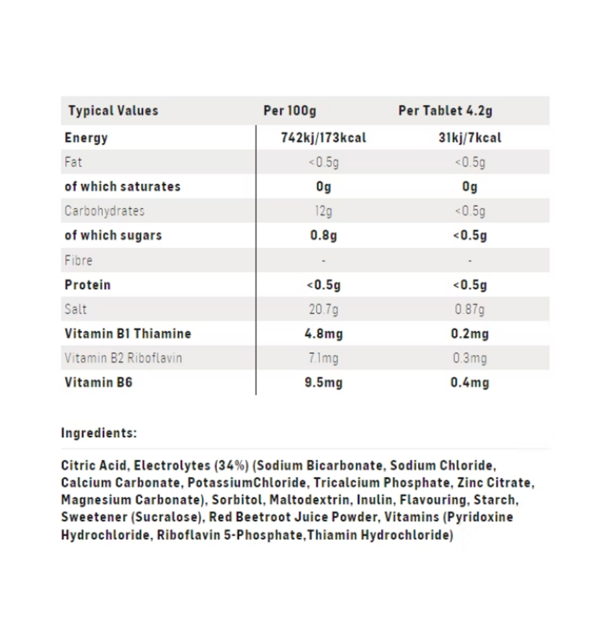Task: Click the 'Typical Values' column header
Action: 113,111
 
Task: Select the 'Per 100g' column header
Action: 290,111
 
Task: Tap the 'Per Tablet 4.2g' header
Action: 445,111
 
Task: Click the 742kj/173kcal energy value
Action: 323,138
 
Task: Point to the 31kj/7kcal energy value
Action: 470,138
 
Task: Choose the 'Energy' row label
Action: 86,138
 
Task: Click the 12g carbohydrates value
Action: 323,211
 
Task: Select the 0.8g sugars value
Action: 323,235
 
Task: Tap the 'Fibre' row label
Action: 78,260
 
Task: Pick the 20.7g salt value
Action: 323,309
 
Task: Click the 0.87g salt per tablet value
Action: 470,309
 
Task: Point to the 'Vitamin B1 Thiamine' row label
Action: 127,333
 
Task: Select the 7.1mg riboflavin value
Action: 323,358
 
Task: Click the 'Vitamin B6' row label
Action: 98,382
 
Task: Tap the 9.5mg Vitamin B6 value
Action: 323,382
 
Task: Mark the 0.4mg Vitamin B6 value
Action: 470,382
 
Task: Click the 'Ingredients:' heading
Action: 98,433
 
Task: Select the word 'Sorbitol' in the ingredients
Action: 237,500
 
